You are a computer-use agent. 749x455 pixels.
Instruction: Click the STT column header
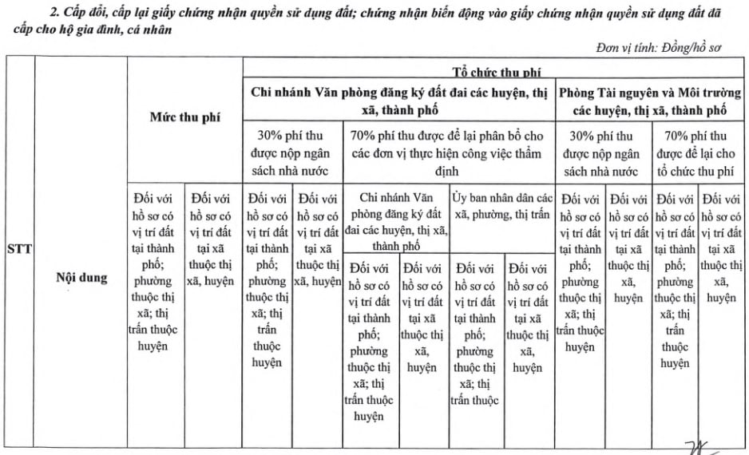(x=19, y=248)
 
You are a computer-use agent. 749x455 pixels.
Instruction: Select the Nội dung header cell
(x=81, y=278)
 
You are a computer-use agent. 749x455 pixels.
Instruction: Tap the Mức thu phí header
(x=185, y=117)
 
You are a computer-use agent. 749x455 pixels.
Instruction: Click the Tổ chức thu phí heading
(x=496, y=72)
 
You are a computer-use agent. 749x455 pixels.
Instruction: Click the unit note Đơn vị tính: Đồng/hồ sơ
(x=659, y=48)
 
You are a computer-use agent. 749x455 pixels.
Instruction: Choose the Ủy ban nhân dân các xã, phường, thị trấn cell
(x=503, y=208)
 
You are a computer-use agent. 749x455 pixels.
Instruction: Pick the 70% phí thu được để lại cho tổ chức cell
(x=698, y=153)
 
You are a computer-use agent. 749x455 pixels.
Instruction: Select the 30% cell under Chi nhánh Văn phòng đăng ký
(x=293, y=153)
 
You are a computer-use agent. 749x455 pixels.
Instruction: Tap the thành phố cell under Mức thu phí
(x=155, y=272)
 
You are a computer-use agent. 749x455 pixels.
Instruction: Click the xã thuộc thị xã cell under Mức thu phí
(x=211, y=239)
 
